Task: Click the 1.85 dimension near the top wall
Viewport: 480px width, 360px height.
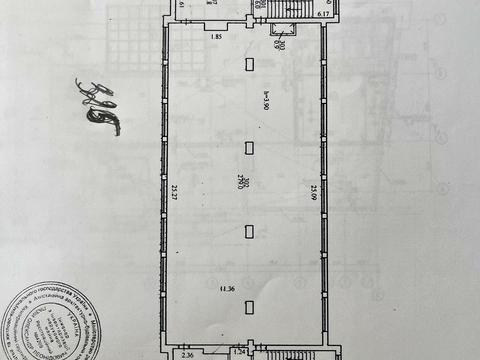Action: (x=217, y=37)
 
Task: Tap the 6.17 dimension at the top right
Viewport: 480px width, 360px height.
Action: (x=323, y=15)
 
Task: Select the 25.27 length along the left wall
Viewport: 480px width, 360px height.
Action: (x=173, y=190)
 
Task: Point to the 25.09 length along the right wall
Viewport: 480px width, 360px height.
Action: (x=313, y=190)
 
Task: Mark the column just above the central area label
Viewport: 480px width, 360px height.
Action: (x=248, y=148)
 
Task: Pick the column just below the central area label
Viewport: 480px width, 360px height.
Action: (x=248, y=231)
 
